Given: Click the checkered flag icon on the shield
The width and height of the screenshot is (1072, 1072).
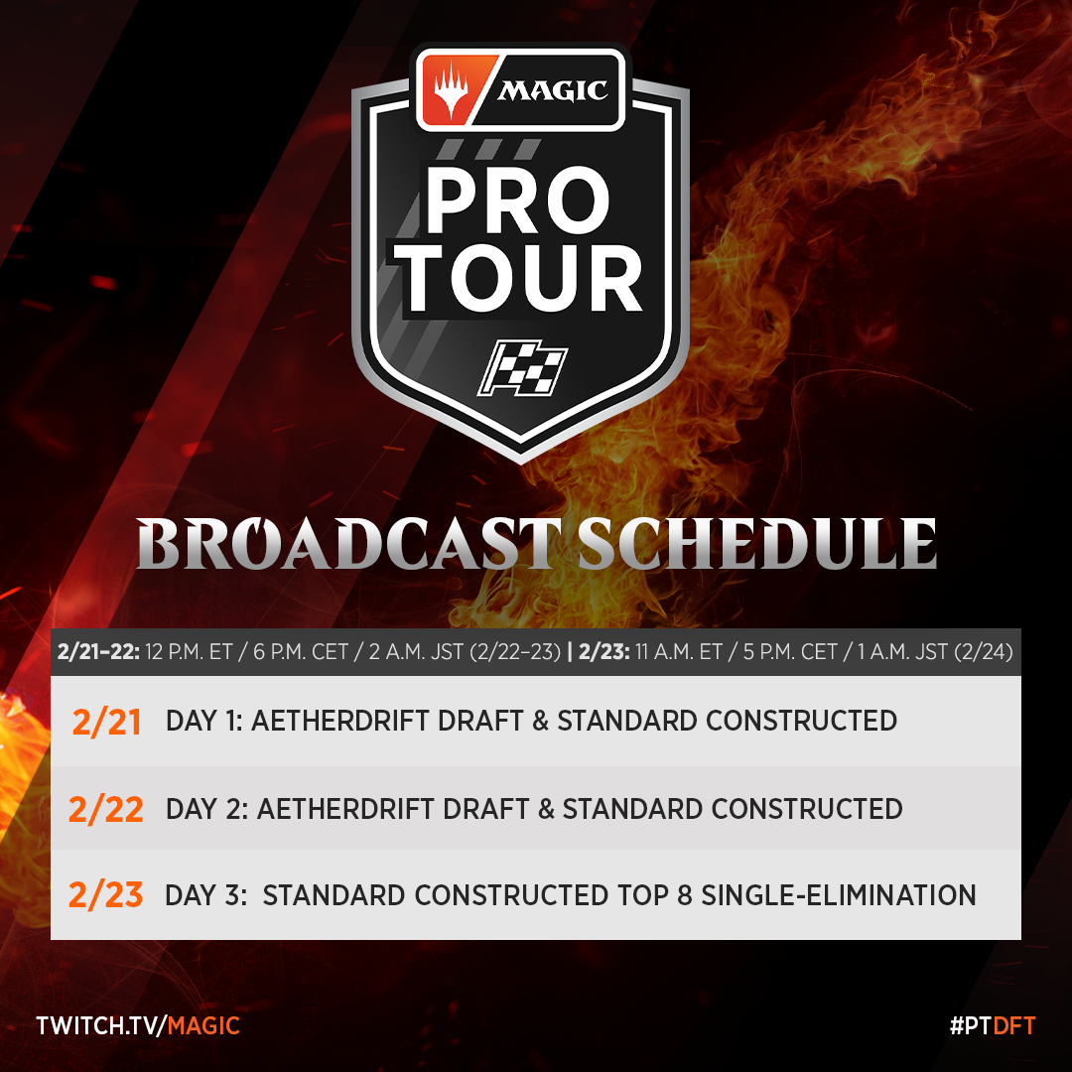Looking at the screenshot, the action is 522,368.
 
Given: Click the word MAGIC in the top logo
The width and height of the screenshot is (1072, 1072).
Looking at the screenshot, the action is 553,90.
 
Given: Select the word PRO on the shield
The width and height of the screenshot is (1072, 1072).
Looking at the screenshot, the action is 517,201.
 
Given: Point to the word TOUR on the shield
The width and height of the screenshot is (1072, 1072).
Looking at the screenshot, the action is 523,277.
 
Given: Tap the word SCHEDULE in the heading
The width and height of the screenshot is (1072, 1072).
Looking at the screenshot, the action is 757,544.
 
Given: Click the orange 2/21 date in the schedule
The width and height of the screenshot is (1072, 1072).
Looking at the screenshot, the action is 106,722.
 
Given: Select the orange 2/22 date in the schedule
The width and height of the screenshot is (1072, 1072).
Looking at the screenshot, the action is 106,809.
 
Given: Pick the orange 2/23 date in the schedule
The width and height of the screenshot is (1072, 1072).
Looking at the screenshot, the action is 106,895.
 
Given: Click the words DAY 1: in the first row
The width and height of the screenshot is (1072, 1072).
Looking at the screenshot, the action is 204,721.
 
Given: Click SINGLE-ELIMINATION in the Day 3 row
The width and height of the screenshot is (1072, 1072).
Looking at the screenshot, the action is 839,895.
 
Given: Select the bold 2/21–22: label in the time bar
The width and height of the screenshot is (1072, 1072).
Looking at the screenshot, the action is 98,651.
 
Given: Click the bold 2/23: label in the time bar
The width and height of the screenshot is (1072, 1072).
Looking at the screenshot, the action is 604,651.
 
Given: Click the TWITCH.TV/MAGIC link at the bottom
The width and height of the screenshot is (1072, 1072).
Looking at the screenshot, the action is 138,1025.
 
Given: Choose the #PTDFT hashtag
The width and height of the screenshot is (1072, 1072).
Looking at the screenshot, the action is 993,1025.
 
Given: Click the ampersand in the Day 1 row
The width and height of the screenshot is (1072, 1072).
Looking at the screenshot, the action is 541,721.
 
